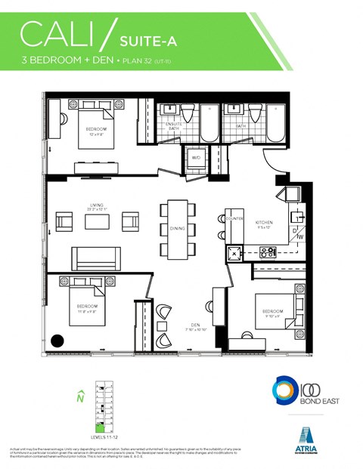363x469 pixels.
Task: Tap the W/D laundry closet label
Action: (x=196, y=158)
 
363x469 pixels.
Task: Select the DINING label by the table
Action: (x=177, y=228)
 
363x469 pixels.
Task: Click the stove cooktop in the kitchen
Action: (x=268, y=251)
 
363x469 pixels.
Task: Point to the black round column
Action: (x=57, y=340)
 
